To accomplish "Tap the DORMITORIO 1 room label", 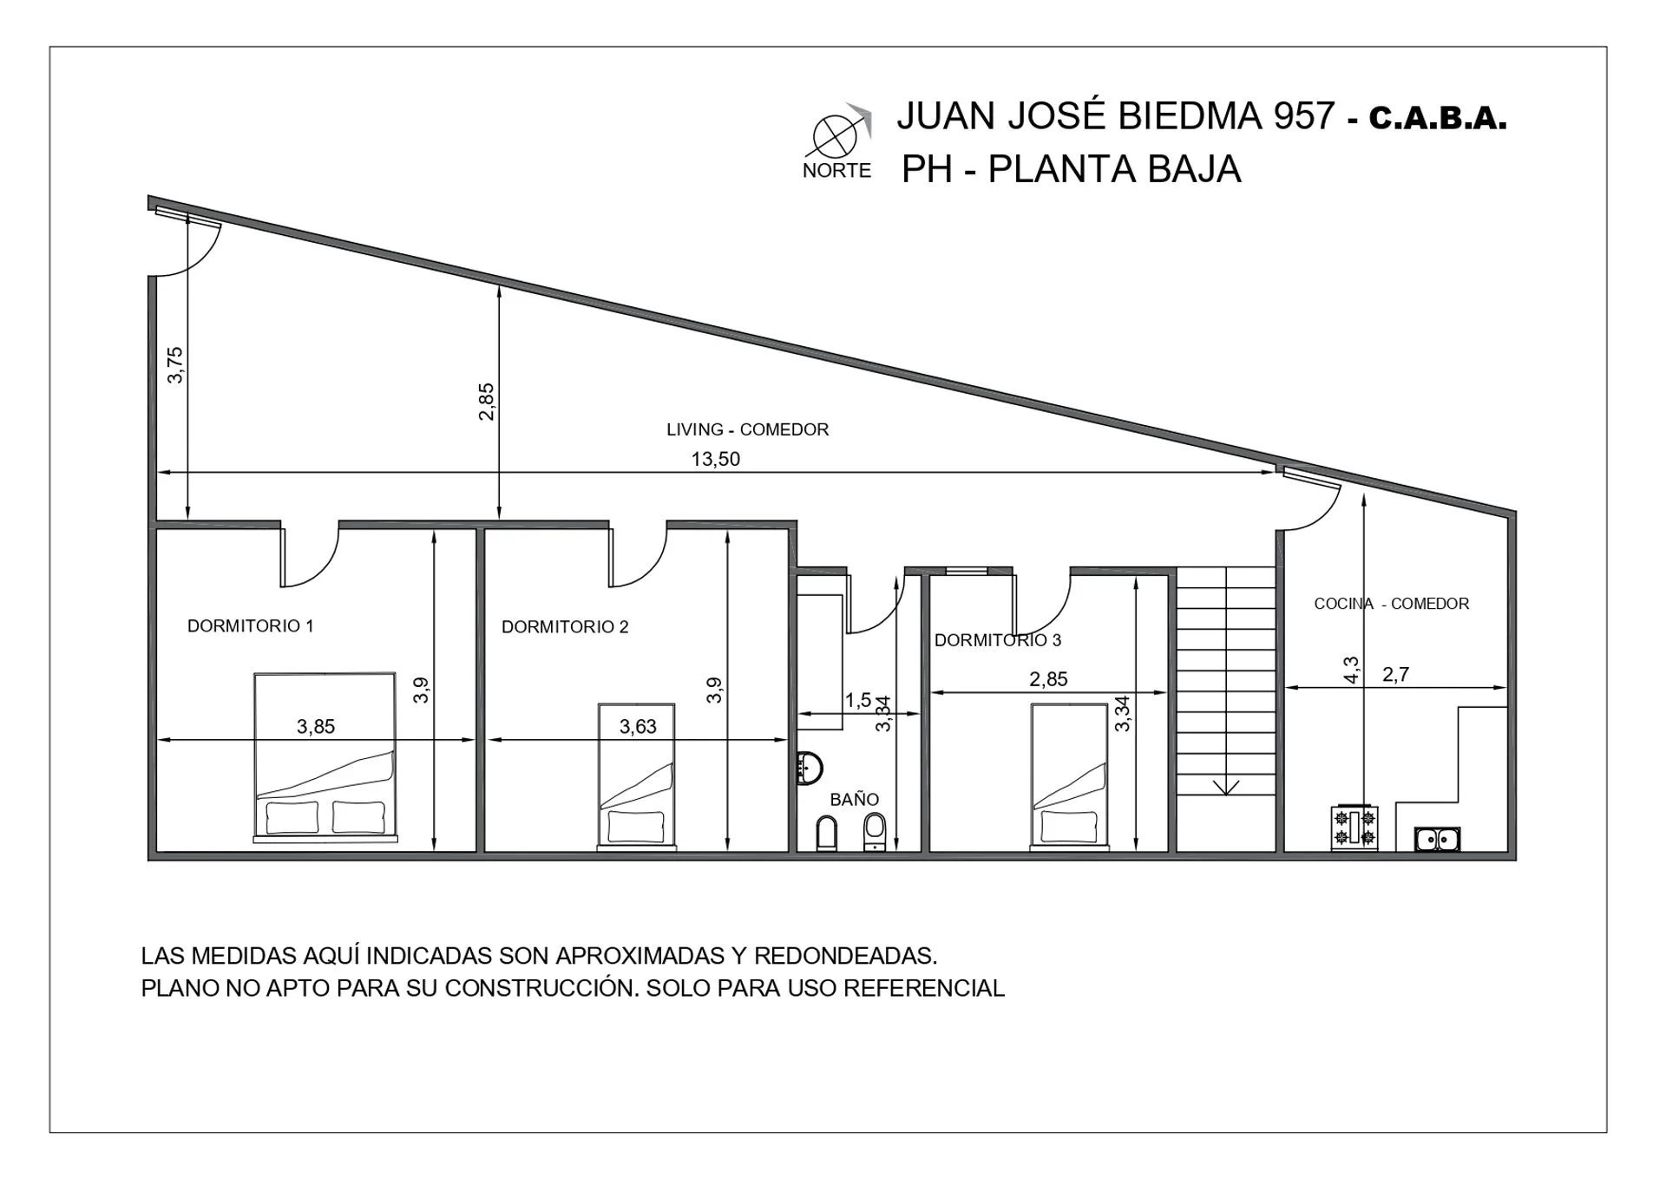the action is point(251,625).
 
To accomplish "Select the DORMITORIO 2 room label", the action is point(565,626).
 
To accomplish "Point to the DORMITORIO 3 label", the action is point(998,640).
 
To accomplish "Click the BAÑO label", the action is point(855,799).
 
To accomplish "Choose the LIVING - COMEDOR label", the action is point(747,429).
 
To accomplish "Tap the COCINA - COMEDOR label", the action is point(1392,604).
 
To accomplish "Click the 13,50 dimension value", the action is point(716,459).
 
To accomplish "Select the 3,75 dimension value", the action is point(175,364).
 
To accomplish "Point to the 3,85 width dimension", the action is point(316,727).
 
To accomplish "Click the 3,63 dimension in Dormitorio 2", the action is point(638,727).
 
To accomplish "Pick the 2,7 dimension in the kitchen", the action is point(1395,674).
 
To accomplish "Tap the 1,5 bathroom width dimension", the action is point(858,699).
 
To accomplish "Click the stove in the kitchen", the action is point(1354,828).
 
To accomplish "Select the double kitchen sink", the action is point(1437,839).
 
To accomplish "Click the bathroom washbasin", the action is point(810,768).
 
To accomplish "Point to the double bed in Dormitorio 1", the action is point(325,757).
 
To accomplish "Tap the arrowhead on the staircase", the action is point(1226,787).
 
